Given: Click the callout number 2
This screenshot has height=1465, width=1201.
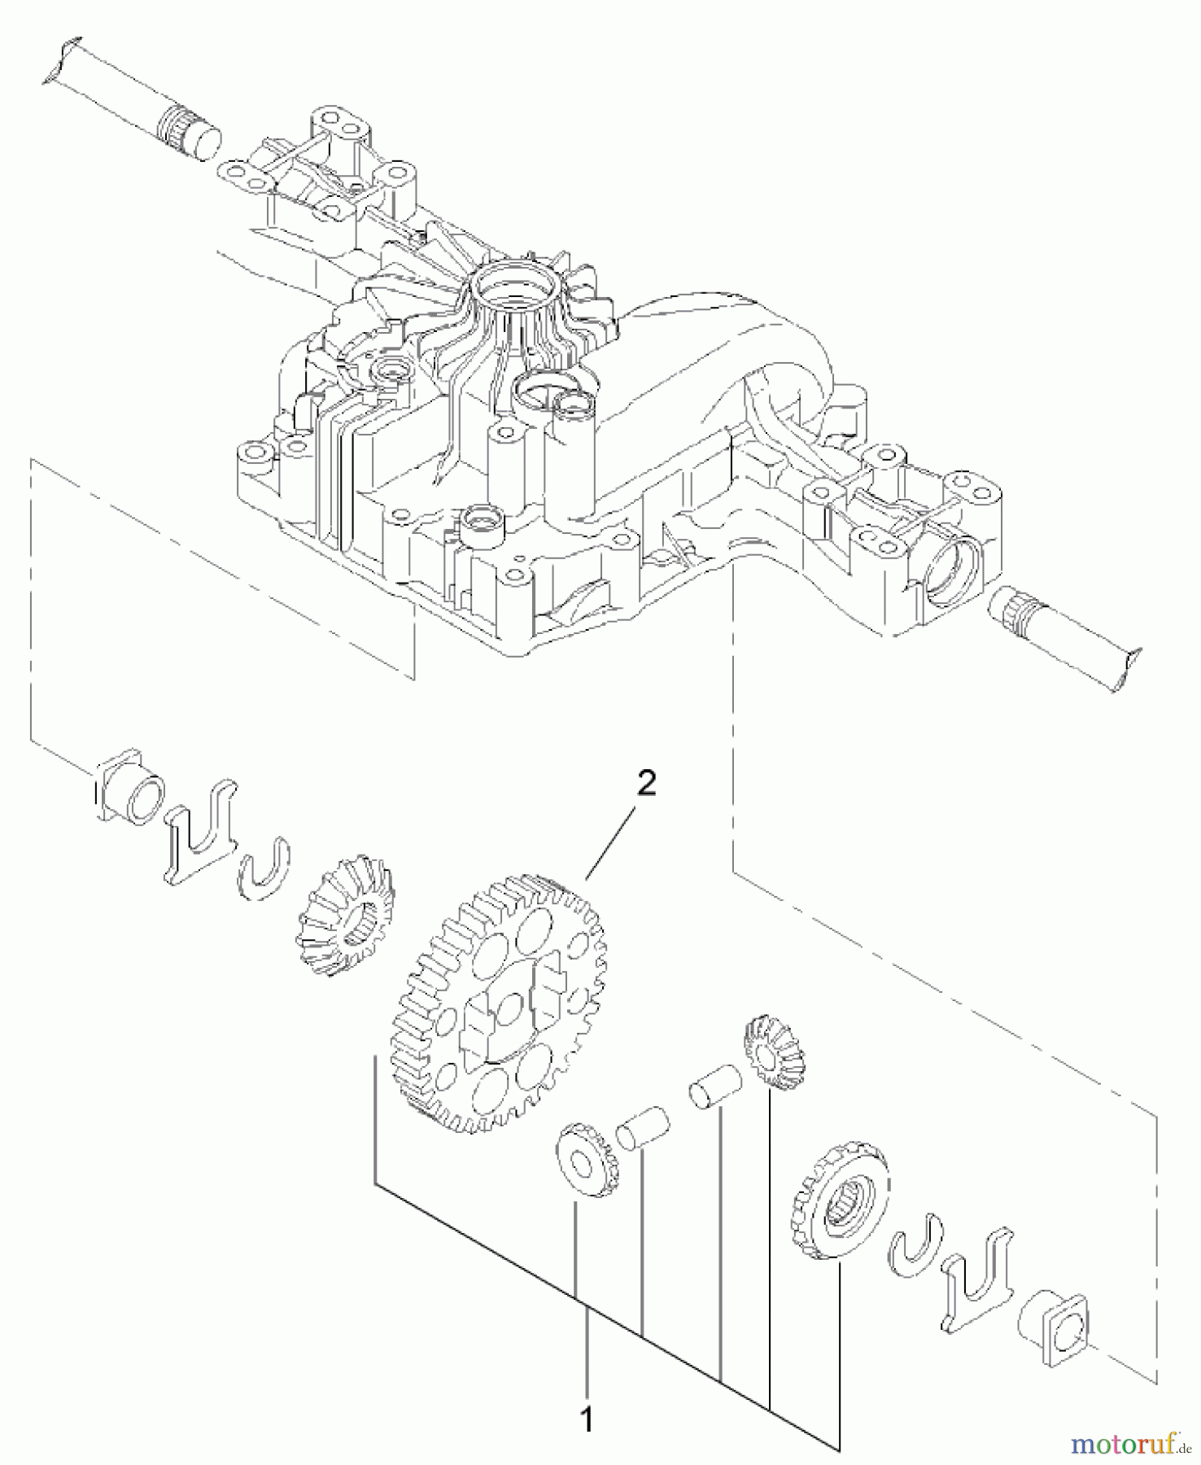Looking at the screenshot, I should pyautogui.click(x=645, y=784).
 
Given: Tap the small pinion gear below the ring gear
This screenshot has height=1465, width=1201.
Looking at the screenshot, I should pyautogui.click(x=587, y=1159).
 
